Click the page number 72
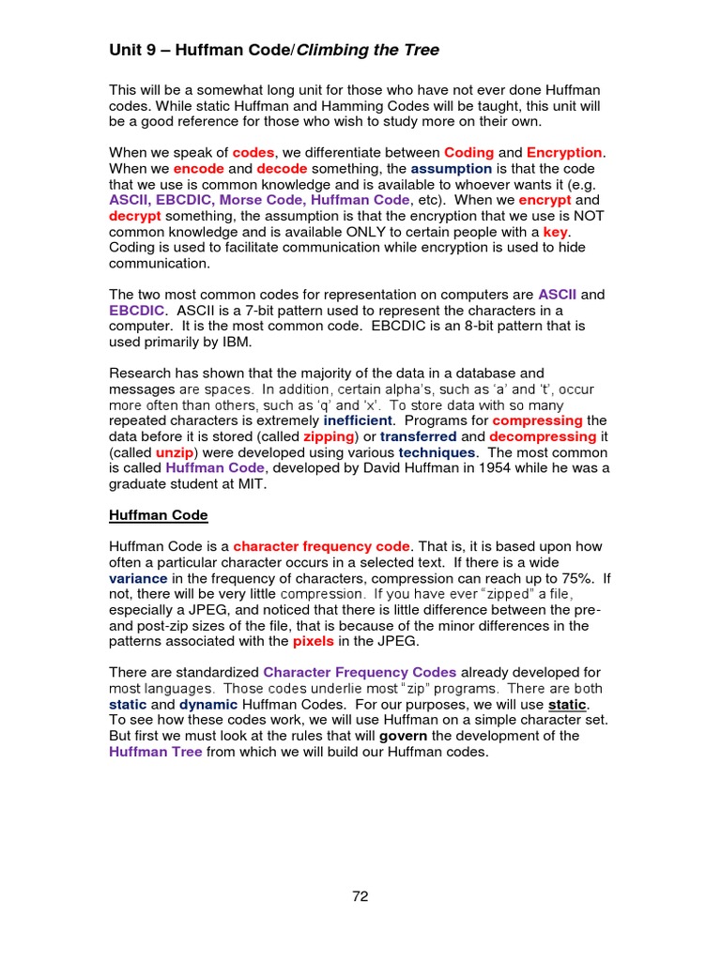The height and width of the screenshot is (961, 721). (x=360, y=896)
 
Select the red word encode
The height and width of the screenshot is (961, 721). (x=198, y=168)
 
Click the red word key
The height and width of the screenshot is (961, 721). (x=556, y=232)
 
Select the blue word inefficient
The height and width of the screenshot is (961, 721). (x=358, y=420)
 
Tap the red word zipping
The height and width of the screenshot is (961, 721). (x=329, y=436)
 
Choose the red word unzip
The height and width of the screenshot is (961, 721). (x=176, y=452)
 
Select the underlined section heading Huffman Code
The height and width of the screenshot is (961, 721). (x=159, y=515)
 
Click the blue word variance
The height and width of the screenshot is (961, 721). (x=138, y=578)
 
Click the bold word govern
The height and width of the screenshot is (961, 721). (x=403, y=736)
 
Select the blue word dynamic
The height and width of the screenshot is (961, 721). (x=208, y=704)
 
